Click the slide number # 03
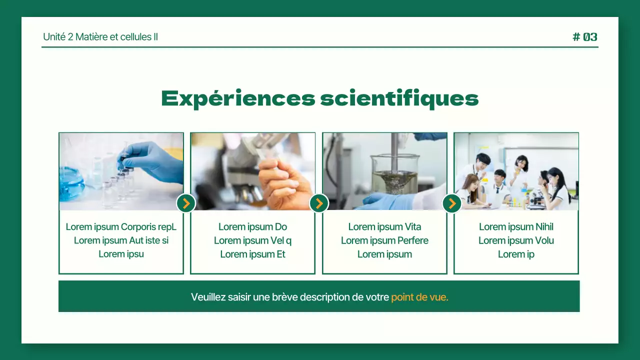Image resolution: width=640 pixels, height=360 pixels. pyautogui.click(x=584, y=37)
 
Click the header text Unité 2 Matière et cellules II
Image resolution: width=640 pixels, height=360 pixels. pyautogui.click(x=100, y=37)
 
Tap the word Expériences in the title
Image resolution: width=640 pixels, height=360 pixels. pyautogui.click(x=238, y=98)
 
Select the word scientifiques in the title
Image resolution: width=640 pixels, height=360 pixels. pyautogui.click(x=399, y=98)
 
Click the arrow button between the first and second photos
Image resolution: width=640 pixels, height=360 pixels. pyautogui.click(x=186, y=203)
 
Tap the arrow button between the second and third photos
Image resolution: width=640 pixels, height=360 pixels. pyautogui.click(x=319, y=203)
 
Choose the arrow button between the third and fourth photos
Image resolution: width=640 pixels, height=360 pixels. pyautogui.click(x=452, y=203)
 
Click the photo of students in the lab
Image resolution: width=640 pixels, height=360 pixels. pyautogui.click(x=516, y=171)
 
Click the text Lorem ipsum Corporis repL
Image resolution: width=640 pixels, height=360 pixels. pyautogui.click(x=121, y=227)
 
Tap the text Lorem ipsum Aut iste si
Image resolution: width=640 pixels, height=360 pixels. pyautogui.click(x=121, y=240)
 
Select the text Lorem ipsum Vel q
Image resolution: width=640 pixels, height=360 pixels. pyautogui.click(x=252, y=240)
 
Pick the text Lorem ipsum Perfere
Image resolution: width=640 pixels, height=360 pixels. pyautogui.click(x=384, y=240)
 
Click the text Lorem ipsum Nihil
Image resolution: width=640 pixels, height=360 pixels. pyautogui.click(x=516, y=227)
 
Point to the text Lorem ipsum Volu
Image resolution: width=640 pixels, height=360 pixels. pyautogui.click(x=516, y=240)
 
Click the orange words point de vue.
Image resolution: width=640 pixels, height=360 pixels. pyautogui.click(x=419, y=297)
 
